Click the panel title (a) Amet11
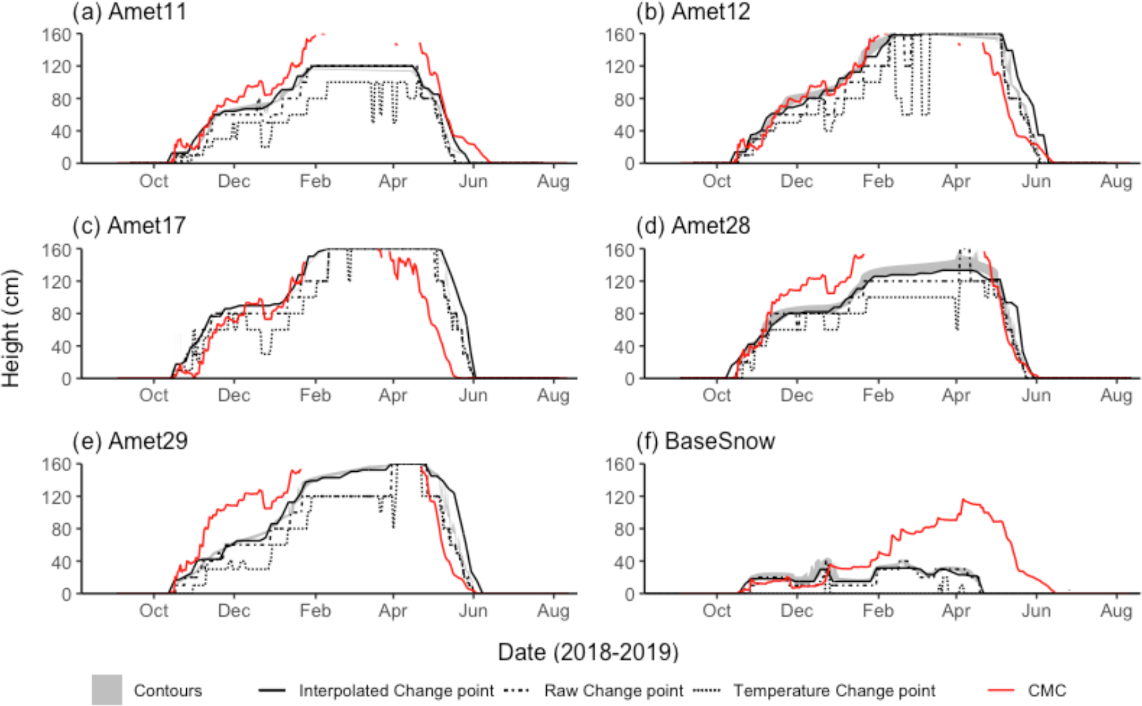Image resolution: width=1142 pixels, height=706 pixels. coord(130,12)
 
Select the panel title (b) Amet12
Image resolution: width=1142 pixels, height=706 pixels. coord(693,12)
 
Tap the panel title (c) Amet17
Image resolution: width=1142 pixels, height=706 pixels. coord(129,226)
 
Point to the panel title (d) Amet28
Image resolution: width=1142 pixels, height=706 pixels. coord(693,226)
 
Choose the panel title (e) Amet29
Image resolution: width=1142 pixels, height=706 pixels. coord(130,441)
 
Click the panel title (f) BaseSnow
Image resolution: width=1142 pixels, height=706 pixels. coord(705,441)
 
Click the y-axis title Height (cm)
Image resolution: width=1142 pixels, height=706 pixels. coord(11,328)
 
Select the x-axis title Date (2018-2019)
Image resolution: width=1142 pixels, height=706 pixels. coord(588,652)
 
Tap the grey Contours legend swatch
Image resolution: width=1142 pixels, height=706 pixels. coord(107,690)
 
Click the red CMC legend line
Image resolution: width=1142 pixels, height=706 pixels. coord(1001,691)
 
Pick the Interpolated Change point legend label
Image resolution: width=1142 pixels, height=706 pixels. coord(396,691)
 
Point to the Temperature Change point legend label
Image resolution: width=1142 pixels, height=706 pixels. coord(834,691)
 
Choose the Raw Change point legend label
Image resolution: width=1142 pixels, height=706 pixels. coord(614,691)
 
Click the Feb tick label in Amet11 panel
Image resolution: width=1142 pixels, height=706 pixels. coord(315,181)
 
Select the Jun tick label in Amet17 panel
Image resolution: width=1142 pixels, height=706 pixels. coord(473,396)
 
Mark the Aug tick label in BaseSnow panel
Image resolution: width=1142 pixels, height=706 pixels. coord(1116,611)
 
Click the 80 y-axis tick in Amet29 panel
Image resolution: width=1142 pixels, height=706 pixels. coord(60,529)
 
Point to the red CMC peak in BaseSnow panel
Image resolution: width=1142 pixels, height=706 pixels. coord(963,500)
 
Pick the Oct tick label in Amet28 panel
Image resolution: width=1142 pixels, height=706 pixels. coord(716,396)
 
